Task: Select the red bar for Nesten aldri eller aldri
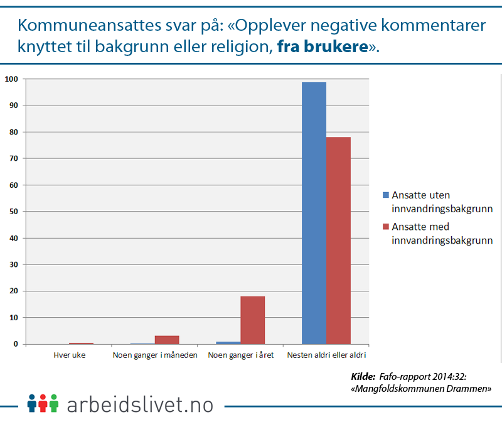[x=338, y=241]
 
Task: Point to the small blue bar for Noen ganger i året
[x=228, y=343]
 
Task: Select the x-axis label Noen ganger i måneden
[x=155, y=355]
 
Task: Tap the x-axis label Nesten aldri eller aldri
[x=326, y=355]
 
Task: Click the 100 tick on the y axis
[x=11, y=79]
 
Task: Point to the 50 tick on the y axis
[x=13, y=212]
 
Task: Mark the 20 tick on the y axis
[x=13, y=291]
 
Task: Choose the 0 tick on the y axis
[x=14, y=344]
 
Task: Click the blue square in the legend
[x=386, y=195]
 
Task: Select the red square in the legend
[x=386, y=227]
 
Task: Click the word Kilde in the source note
[x=363, y=377]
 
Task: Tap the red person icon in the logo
[x=43, y=403]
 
